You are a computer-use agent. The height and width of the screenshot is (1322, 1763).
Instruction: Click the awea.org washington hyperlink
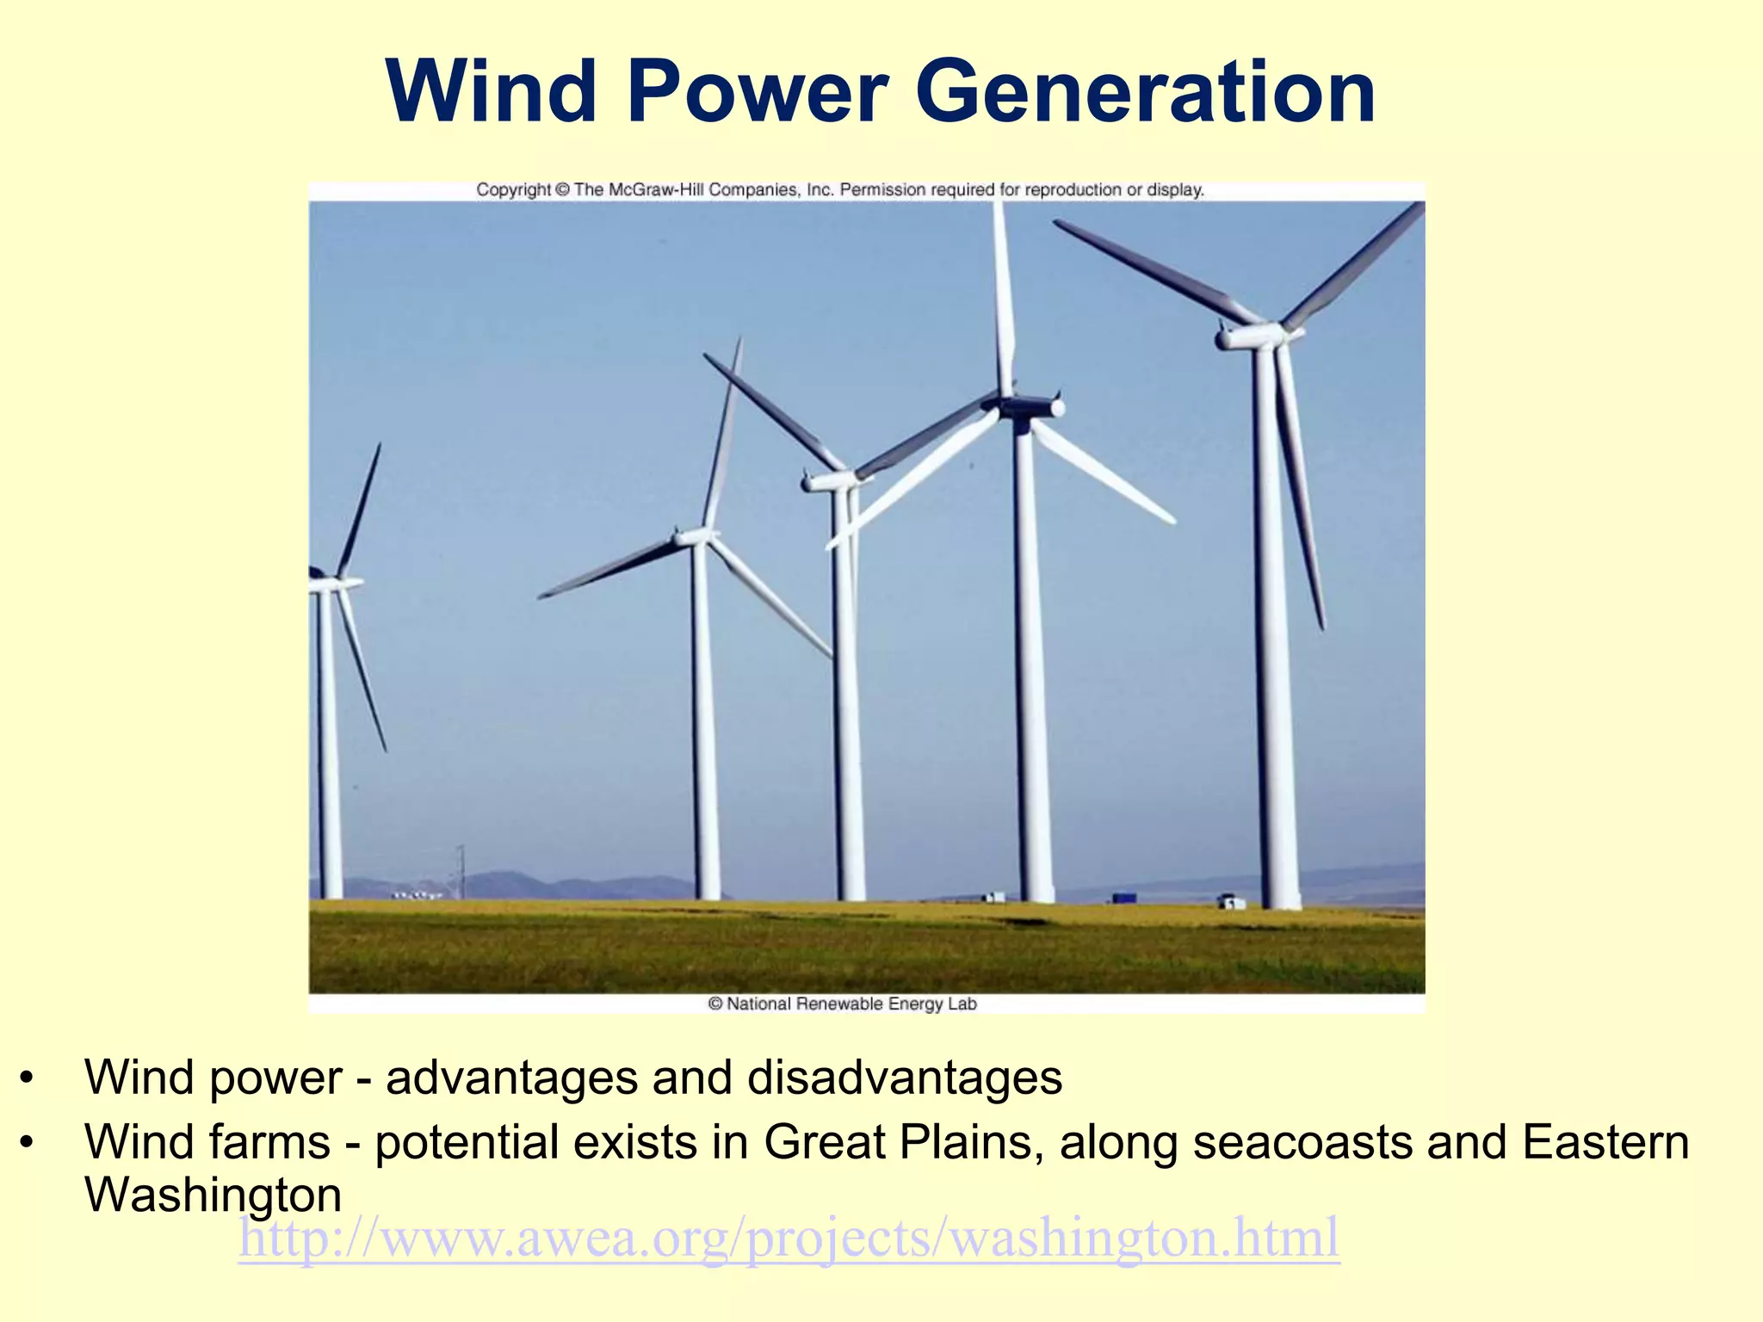pyautogui.click(x=789, y=1238)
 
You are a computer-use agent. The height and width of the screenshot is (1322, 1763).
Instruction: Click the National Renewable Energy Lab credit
pyautogui.click(x=842, y=1004)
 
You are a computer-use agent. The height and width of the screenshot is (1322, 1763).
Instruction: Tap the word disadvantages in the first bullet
pyautogui.click(x=904, y=1078)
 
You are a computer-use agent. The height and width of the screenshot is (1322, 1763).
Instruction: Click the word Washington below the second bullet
pyautogui.click(x=213, y=1195)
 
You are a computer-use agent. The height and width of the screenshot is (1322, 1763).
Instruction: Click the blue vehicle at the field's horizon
pyautogui.click(x=1124, y=898)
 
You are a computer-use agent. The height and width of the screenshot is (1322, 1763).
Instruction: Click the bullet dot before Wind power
pyautogui.click(x=28, y=1078)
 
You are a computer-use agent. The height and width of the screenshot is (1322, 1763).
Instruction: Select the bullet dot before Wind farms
pyautogui.click(x=28, y=1143)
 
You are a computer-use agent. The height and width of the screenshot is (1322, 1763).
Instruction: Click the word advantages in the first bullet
pyautogui.click(x=510, y=1078)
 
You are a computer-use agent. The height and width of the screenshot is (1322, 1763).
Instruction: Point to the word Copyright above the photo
pyautogui.click(x=513, y=190)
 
